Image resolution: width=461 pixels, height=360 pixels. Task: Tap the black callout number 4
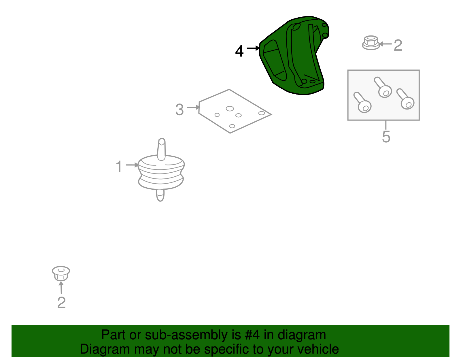pyautogui.click(x=239, y=51)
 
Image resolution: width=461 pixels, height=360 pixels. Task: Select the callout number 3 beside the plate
pyautogui.click(x=180, y=110)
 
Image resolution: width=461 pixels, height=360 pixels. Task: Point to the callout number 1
pyautogui.click(x=119, y=167)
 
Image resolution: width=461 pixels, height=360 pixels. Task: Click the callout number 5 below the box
pyautogui.click(x=386, y=137)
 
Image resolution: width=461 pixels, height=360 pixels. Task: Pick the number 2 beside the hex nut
pyautogui.click(x=398, y=45)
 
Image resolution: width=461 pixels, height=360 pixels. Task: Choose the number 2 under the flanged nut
pyautogui.click(x=62, y=303)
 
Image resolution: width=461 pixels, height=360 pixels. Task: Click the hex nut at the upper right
pyautogui.click(x=371, y=43)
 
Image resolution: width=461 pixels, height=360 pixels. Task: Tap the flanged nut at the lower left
pyautogui.click(x=61, y=274)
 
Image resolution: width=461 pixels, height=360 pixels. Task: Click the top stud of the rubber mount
pyautogui.click(x=162, y=149)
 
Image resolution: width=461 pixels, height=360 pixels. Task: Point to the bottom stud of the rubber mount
pyautogui.click(x=160, y=195)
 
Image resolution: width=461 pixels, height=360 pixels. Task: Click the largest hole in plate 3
pyautogui.click(x=230, y=109)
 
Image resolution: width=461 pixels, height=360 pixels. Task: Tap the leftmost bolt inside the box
pyautogui.click(x=362, y=102)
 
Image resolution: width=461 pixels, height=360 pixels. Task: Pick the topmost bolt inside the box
pyautogui.click(x=383, y=87)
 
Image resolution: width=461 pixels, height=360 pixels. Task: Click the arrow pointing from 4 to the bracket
pyautogui.click(x=253, y=48)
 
